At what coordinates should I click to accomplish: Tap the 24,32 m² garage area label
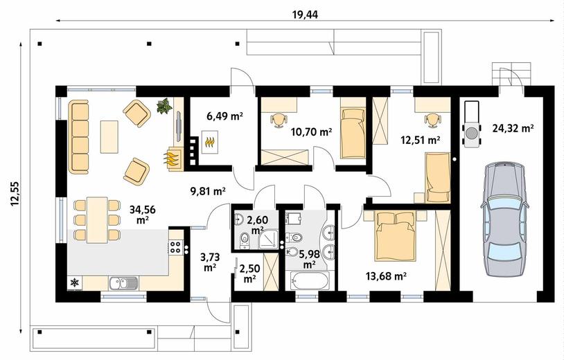(513, 128)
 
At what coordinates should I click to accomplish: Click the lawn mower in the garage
(472, 124)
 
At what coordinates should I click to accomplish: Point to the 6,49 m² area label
(224, 116)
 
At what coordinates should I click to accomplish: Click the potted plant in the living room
(164, 106)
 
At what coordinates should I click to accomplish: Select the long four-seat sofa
(78, 137)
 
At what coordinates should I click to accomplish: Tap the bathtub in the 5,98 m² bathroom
(309, 280)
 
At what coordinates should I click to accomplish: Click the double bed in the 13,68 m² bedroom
(395, 235)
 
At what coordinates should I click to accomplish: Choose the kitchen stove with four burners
(175, 246)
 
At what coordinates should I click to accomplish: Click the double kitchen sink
(123, 282)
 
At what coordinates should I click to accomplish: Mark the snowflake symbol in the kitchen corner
(74, 282)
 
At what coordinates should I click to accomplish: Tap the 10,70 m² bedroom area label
(311, 132)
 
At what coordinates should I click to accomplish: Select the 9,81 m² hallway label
(208, 191)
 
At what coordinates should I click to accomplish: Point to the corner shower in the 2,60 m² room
(268, 239)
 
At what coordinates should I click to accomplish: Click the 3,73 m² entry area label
(210, 262)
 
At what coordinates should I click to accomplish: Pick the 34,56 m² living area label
(143, 215)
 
